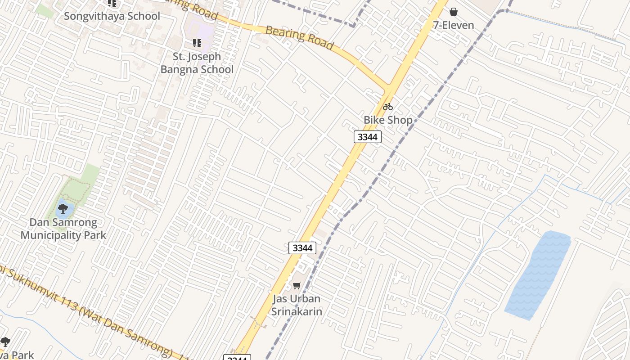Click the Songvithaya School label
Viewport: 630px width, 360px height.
tap(112, 16)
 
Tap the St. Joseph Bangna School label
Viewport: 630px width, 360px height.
tap(197, 63)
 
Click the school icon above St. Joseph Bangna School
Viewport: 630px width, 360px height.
tap(197, 43)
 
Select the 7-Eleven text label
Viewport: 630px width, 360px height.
tap(453, 25)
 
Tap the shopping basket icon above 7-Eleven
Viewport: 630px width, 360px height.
tap(454, 12)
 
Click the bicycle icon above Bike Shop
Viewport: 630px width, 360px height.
tap(388, 107)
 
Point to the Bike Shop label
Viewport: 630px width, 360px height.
tap(388, 120)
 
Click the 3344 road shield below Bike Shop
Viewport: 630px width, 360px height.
tap(367, 137)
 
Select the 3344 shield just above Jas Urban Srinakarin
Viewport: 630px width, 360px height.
tap(302, 248)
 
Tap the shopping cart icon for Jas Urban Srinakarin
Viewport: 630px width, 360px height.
tap(297, 286)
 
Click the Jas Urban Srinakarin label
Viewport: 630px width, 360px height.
tap(297, 305)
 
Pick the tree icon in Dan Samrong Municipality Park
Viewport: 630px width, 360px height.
tap(63, 209)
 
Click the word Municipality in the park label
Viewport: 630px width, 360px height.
tap(63, 235)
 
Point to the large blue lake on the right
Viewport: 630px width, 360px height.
tap(538, 274)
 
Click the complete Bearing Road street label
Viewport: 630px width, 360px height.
tap(299, 38)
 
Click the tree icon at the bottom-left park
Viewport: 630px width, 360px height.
tap(5, 342)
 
